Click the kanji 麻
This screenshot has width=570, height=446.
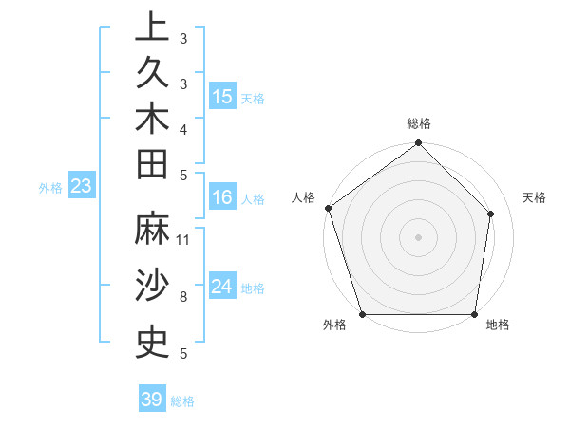(x=152, y=229)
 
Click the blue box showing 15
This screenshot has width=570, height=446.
(x=222, y=97)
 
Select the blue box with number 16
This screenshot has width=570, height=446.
(x=222, y=198)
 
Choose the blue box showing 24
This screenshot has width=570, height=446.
(x=222, y=287)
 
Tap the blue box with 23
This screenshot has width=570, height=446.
(x=81, y=187)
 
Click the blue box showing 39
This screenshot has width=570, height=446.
(x=151, y=400)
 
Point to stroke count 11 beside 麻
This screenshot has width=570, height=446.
(x=183, y=240)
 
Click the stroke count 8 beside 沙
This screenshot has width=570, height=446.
(x=182, y=297)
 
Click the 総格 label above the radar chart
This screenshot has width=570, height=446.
(x=419, y=123)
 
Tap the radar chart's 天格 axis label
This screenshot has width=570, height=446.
(x=534, y=197)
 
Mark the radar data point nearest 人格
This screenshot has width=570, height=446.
(x=328, y=208)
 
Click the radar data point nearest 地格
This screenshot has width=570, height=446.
(x=475, y=314)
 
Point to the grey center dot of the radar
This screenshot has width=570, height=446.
(x=419, y=236)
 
